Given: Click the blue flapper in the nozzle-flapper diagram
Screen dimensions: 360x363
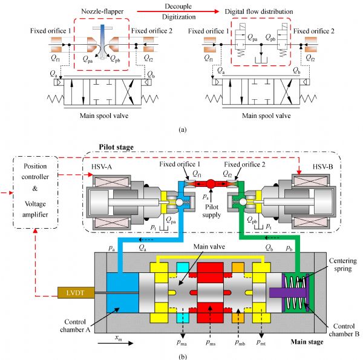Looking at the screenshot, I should coord(103,36).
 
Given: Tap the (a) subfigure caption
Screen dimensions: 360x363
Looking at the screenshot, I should coord(181,129).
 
